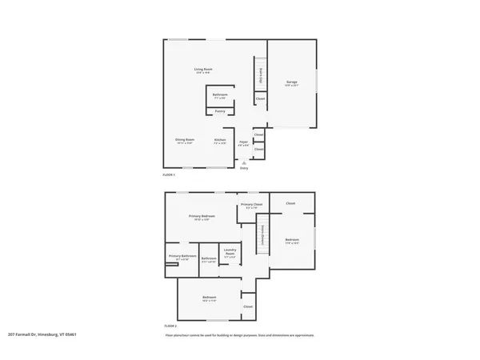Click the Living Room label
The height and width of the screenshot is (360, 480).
tap(202, 70)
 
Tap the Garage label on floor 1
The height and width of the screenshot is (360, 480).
tap(292, 83)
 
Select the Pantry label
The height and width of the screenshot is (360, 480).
tap(219, 111)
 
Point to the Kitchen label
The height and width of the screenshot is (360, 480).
tap(219, 141)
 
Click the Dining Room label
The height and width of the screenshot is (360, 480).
tap(185, 141)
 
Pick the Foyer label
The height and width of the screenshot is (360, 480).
tap(243, 142)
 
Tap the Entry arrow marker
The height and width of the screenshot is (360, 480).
tap(244, 162)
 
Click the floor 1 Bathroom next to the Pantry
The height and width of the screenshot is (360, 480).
tap(220, 96)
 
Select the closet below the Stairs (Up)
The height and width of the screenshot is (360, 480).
tap(260, 98)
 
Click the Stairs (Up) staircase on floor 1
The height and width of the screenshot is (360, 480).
tap(261, 75)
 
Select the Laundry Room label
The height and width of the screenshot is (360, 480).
tap(230, 252)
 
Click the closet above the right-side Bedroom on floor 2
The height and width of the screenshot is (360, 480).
tap(290, 203)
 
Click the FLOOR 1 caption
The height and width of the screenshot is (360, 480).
tap(169, 174)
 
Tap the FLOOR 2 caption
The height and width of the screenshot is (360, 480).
tap(169, 326)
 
